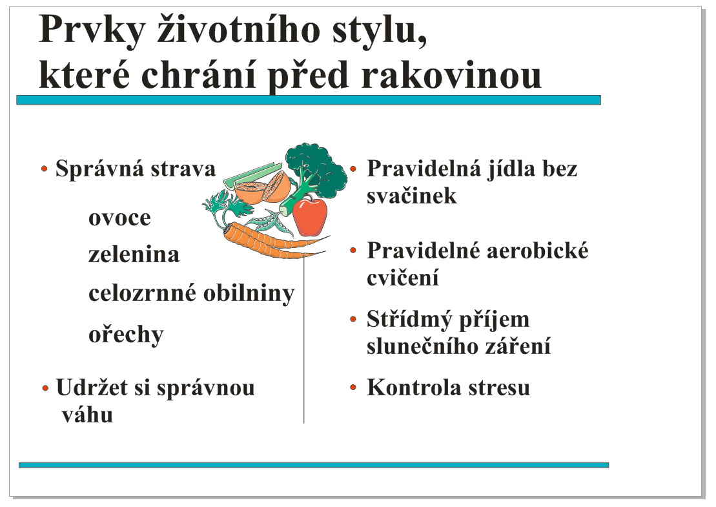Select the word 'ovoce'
click(119, 218)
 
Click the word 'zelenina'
click(134, 254)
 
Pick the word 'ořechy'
click(126, 335)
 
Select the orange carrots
click(274, 240)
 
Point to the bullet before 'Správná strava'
click(45, 169)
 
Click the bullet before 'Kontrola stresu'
click(353, 388)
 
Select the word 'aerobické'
click(537, 251)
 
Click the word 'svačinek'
click(411, 196)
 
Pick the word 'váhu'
click(87, 415)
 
